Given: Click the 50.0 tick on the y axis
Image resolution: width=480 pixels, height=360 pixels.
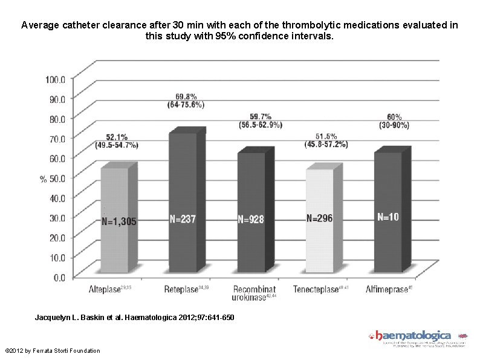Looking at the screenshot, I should coord(58,178).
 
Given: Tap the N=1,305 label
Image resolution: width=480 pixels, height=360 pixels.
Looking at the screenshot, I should coord(118,222).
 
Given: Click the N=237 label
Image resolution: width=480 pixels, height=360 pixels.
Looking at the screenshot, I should coord(182,220).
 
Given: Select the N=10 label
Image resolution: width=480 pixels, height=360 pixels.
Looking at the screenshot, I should coord(388,217).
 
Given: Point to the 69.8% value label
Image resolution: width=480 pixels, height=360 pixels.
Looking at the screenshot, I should coord(186,96).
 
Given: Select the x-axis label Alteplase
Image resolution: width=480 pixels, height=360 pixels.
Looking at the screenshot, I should coord(104,290).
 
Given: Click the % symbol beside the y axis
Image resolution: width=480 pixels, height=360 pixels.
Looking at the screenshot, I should coord(43,178).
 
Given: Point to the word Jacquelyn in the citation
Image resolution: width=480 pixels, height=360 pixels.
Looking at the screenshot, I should coord(53,318).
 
